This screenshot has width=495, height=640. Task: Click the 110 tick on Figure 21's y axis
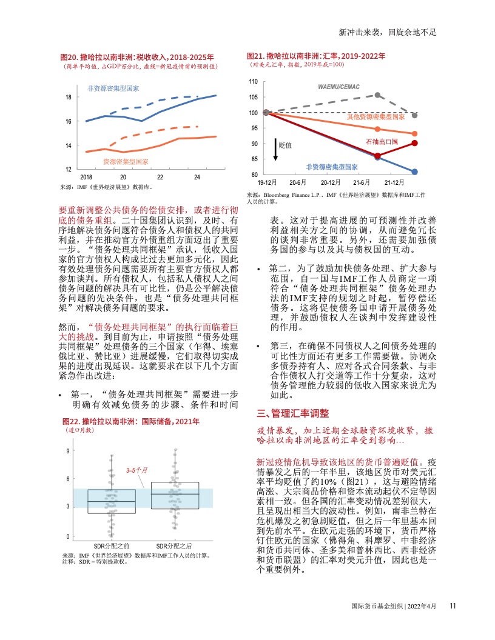[x=254, y=81]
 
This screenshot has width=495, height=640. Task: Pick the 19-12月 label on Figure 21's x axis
[x=267, y=182]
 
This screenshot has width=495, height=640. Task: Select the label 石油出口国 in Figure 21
[x=382, y=141]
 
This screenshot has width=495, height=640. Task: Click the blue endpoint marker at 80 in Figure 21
[x=414, y=172]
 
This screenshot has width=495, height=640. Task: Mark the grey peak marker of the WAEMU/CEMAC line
[x=377, y=95]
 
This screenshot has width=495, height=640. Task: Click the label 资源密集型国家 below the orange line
[x=126, y=162]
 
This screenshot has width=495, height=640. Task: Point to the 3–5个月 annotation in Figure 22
[x=137, y=470]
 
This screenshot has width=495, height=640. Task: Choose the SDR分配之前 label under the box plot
[x=112, y=545]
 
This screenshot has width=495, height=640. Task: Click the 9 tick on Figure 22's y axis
[x=68, y=451]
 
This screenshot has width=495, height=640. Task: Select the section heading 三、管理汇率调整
[x=292, y=414]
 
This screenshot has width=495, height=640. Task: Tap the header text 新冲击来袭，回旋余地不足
[x=388, y=32]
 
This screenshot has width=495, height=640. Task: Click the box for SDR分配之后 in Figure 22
[x=175, y=495]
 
